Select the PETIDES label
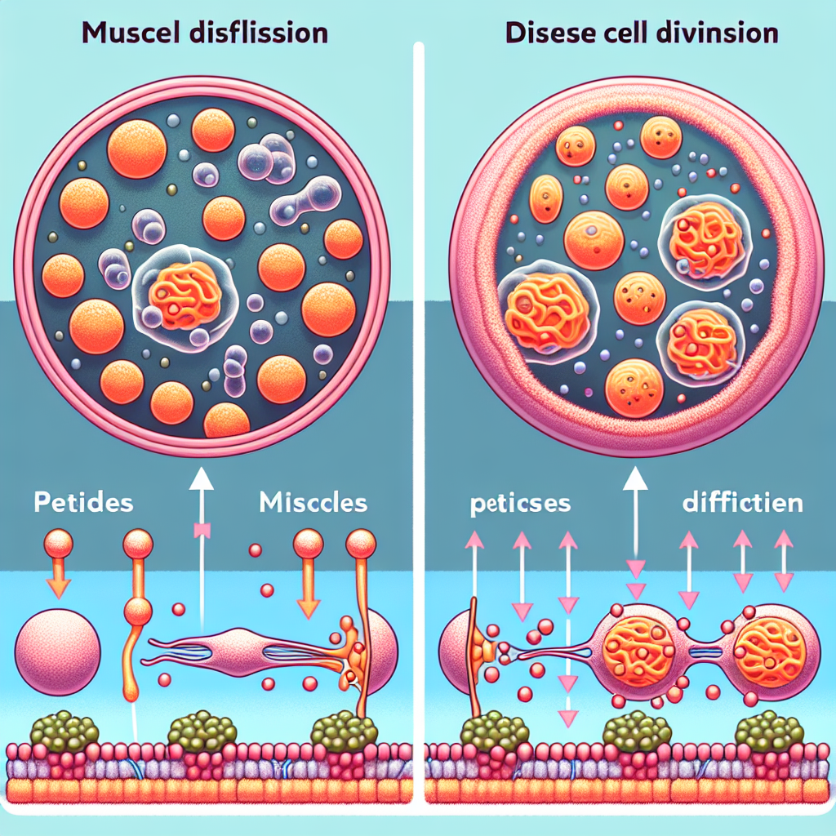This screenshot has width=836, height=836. pyautogui.click(x=84, y=502)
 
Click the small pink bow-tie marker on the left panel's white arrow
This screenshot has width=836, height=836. pyautogui.click(x=200, y=531)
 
